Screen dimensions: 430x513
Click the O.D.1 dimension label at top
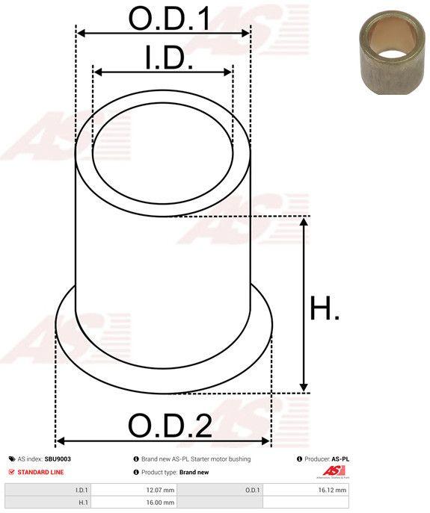(169, 18)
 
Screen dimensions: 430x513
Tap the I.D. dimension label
(169, 58)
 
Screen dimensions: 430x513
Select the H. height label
(325, 308)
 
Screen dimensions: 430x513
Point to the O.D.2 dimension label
(170, 426)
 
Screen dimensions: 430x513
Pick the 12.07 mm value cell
(134, 490)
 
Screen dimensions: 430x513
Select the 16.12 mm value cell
(306, 490)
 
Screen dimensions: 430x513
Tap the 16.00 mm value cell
(134, 503)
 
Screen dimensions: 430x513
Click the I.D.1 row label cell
(48, 490)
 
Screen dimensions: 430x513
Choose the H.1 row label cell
(48, 503)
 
